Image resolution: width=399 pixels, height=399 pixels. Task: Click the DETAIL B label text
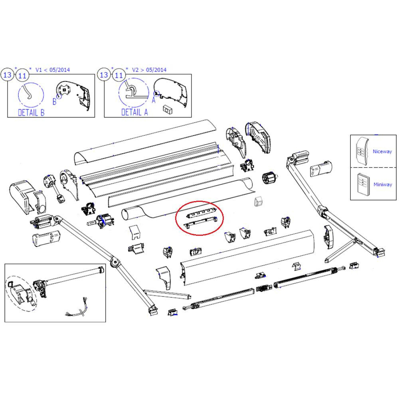point(31,113)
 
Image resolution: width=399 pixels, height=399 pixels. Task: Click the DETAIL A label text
point(134,113)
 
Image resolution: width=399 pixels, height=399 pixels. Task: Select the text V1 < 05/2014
point(53,70)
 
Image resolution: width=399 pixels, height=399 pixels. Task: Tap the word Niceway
point(382,152)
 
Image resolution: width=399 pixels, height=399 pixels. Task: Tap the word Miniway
point(382,185)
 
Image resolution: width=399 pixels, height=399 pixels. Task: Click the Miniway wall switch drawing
point(363,183)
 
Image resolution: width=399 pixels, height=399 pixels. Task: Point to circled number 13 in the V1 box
point(8,75)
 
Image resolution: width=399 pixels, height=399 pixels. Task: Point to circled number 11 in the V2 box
point(119,75)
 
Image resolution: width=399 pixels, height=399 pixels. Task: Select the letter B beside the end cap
point(55,102)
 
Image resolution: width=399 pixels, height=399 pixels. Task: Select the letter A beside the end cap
point(153,101)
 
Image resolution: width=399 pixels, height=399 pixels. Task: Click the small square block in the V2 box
point(166,109)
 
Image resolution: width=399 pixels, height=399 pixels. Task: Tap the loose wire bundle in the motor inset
point(80,308)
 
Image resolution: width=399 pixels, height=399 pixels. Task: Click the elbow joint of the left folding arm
point(115,262)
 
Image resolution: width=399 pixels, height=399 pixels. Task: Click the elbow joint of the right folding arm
point(322,210)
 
